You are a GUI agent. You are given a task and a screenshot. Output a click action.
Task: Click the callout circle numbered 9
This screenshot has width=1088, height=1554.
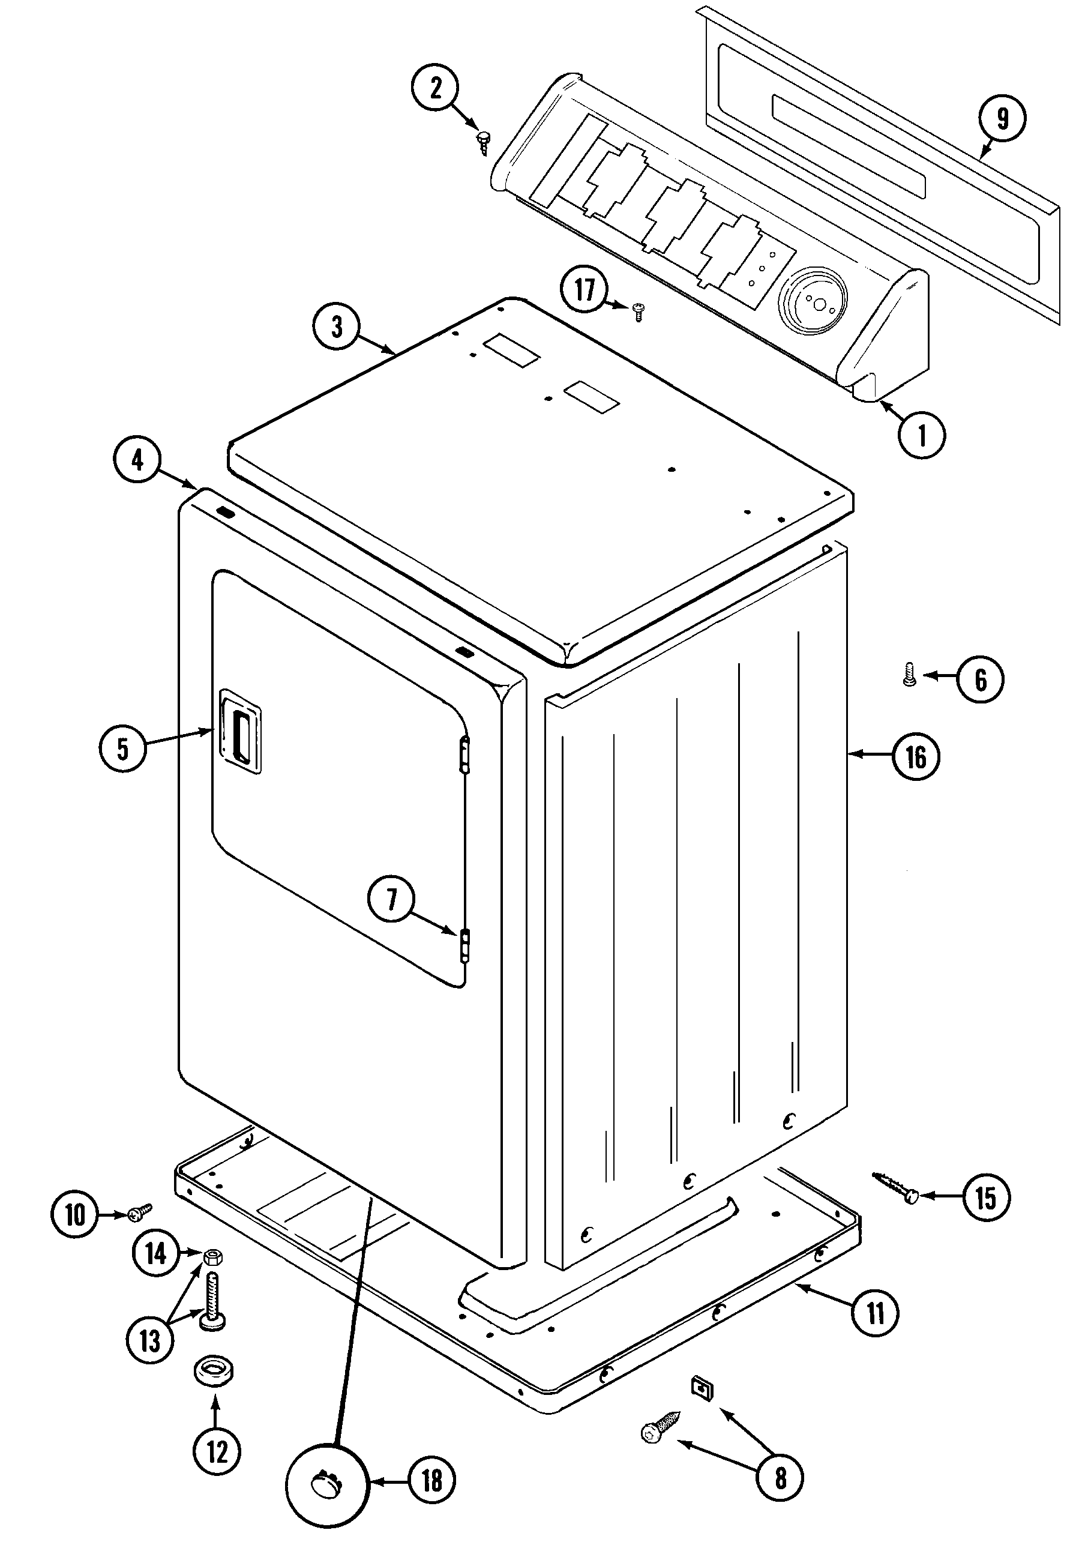click(x=1002, y=118)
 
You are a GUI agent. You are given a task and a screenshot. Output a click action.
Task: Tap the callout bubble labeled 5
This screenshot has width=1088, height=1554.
click(x=122, y=748)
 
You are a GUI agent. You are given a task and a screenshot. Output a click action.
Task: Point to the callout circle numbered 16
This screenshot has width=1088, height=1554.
click(x=915, y=757)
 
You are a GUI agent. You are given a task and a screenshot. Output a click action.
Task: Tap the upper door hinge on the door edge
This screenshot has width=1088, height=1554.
click(x=463, y=754)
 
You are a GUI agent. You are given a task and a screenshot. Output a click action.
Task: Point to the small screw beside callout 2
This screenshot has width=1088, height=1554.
click(x=483, y=143)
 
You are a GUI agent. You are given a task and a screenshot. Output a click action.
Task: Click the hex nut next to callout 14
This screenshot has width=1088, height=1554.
click(x=212, y=1257)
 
